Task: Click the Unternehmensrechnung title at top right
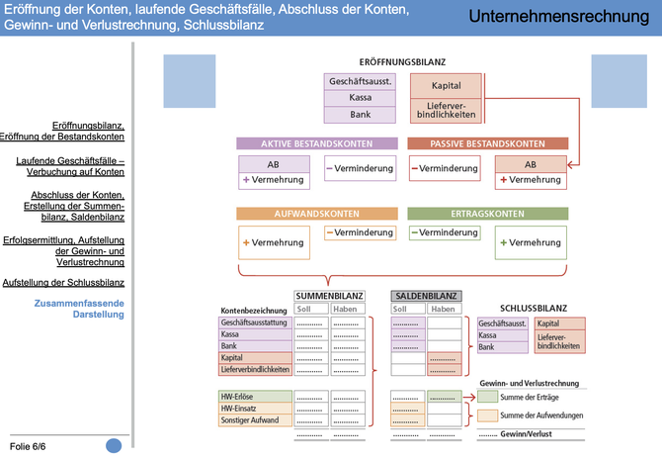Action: [x=558, y=17]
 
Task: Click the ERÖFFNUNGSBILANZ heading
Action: [x=401, y=61]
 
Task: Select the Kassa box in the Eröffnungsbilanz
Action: [x=361, y=98]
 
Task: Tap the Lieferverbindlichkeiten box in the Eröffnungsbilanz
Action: [x=446, y=108]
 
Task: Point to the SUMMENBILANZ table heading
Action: [x=329, y=295]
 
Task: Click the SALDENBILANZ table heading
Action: [x=426, y=295]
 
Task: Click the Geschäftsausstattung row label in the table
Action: [x=256, y=322]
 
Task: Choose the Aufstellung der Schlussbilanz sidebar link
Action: [x=63, y=282]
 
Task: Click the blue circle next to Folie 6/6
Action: [x=115, y=446]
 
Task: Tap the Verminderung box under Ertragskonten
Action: [x=445, y=232]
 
